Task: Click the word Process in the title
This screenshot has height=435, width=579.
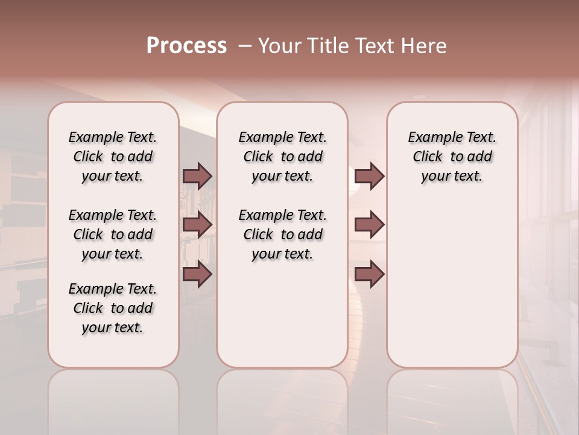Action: [x=186, y=46]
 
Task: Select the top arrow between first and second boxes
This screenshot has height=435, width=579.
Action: [x=197, y=176]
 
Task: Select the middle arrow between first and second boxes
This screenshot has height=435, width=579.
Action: [x=197, y=225]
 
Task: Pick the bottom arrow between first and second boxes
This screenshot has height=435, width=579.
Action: [x=197, y=274]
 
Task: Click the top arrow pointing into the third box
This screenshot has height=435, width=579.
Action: [x=369, y=176]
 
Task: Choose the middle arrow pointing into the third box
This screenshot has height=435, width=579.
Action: [x=369, y=225]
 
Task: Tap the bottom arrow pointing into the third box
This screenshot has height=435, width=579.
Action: [x=369, y=274]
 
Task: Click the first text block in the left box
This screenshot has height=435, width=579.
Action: [x=113, y=156]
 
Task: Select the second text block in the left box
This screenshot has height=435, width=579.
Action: [x=113, y=234]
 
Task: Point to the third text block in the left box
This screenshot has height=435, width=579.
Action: [x=113, y=308]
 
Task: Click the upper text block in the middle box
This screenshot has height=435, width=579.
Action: [x=282, y=156]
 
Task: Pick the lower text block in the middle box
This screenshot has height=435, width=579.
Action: [x=282, y=234]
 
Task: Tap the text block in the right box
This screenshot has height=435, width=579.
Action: [x=452, y=156]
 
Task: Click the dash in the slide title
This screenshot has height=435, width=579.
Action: [x=245, y=46]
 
